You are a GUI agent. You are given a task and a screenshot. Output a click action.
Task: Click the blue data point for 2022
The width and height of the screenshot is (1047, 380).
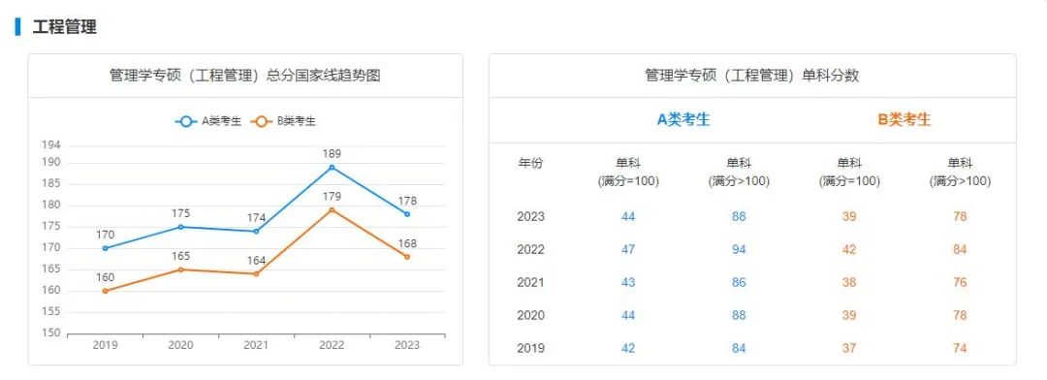click(332, 167)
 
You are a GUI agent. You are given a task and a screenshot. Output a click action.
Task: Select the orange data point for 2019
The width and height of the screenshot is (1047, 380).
click(105, 291)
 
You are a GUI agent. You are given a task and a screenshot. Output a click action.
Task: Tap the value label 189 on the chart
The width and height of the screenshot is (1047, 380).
click(332, 153)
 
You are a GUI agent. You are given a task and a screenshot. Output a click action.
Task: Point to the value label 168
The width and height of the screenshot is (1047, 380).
click(407, 243)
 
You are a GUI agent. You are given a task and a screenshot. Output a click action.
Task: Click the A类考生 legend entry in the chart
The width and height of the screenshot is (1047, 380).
click(208, 121)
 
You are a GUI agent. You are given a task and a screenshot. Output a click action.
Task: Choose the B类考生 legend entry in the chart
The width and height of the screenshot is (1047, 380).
click(283, 121)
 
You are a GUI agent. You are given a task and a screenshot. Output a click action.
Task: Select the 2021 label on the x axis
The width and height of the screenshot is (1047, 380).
click(256, 345)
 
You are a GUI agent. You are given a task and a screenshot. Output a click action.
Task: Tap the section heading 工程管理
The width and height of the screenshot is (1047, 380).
click(65, 27)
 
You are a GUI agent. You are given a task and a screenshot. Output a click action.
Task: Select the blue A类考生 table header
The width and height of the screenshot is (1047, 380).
click(683, 119)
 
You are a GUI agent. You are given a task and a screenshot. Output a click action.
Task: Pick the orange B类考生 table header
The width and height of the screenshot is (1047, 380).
click(904, 119)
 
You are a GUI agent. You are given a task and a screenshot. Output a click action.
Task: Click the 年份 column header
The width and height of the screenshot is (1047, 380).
click(531, 163)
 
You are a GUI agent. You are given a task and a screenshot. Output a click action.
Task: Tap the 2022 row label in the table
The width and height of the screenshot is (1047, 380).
click(531, 250)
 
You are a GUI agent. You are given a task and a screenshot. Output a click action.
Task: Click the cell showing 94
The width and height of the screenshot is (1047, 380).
click(739, 250)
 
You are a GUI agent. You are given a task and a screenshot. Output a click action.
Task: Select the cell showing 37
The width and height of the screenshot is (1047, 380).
click(849, 348)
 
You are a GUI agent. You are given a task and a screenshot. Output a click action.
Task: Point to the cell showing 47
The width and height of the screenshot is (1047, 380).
click(628, 250)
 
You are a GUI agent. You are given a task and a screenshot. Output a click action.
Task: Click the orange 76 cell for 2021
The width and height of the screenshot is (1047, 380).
click(960, 282)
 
